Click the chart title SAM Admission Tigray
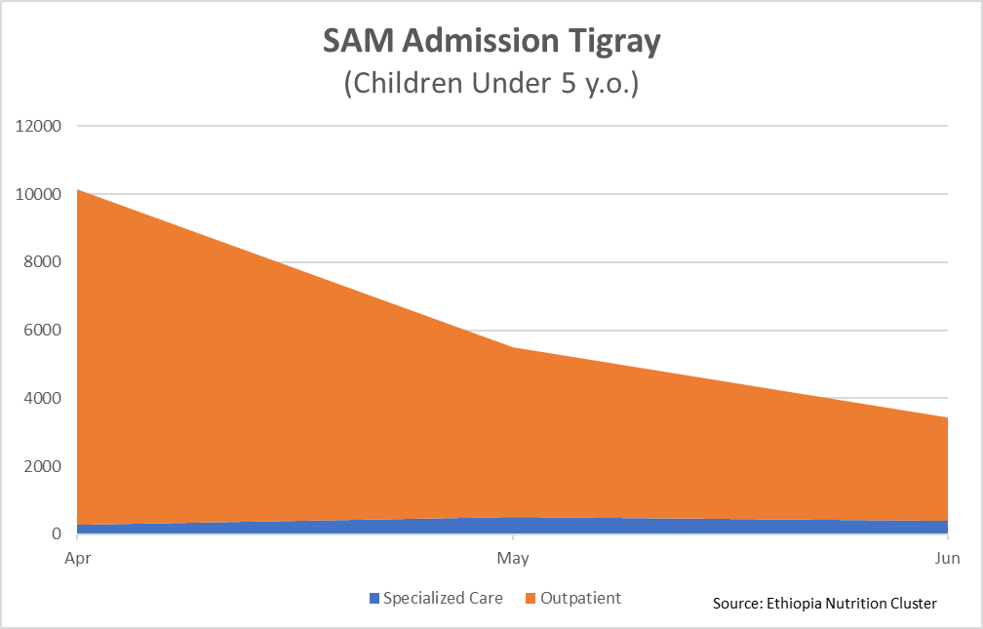[491, 42]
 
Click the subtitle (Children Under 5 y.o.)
[491, 83]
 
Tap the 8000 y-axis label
[43, 262]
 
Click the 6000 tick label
[43, 331]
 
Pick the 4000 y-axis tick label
[43, 399]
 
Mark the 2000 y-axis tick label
[43, 466]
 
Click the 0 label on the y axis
[57, 534]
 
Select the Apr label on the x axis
[78, 559]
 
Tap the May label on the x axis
[513, 559]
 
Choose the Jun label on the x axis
[947, 559]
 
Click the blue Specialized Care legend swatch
[374, 598]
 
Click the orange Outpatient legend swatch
[531, 598]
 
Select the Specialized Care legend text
[443, 598]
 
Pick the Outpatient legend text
[582, 598]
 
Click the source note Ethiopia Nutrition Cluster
[825, 604]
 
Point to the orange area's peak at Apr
[79, 190]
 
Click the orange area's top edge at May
[513, 348]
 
